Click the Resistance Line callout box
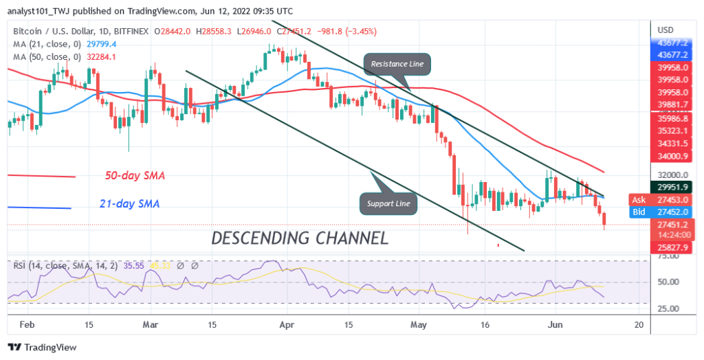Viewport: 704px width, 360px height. [397, 64]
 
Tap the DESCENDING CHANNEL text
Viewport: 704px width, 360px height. [300, 238]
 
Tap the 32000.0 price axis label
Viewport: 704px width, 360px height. [671, 175]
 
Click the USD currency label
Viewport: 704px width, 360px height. [665, 30]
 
